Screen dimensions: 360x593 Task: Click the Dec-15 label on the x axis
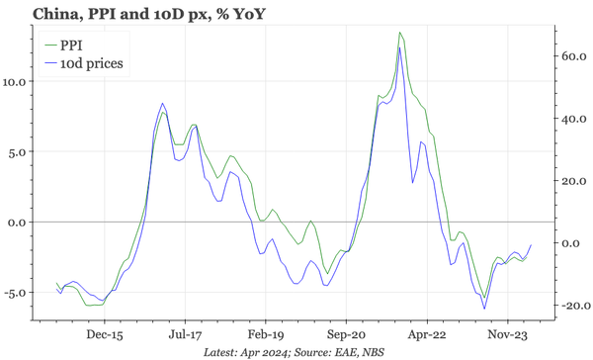[x=103, y=335]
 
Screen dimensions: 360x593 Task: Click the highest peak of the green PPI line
[x=399, y=33]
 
